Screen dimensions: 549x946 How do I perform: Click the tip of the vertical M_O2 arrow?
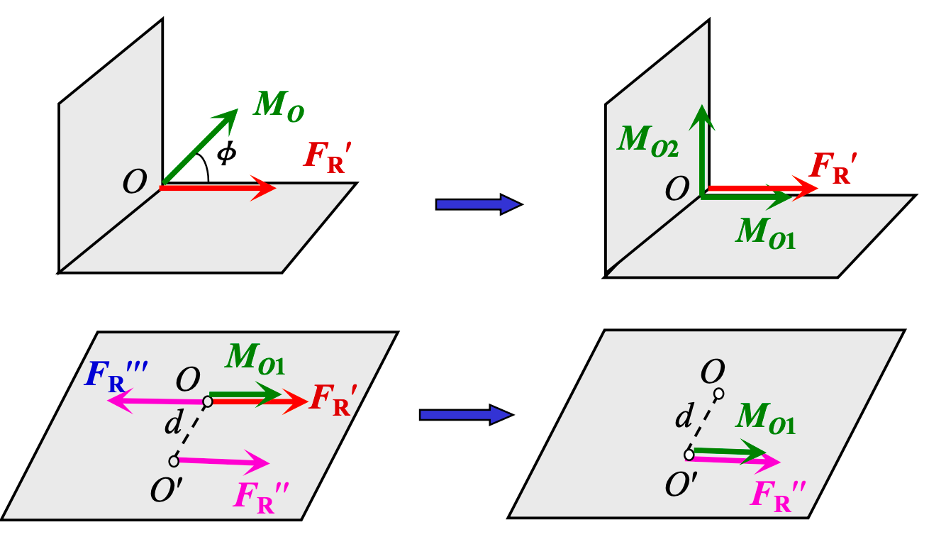[701, 109]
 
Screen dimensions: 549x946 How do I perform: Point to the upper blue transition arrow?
[479, 204]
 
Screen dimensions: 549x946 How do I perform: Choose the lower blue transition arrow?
[464, 414]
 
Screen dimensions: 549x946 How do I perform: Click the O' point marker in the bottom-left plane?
[174, 462]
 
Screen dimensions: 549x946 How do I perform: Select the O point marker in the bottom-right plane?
[718, 394]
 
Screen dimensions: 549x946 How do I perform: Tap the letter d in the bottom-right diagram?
[683, 418]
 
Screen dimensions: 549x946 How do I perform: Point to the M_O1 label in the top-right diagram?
[766, 232]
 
